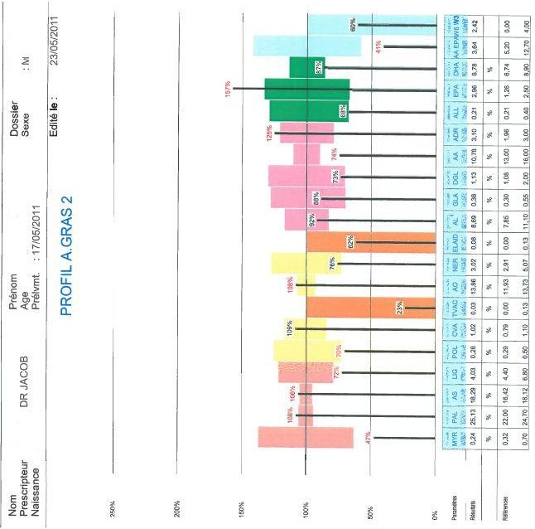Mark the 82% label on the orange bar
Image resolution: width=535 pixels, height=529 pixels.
click(350, 242)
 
